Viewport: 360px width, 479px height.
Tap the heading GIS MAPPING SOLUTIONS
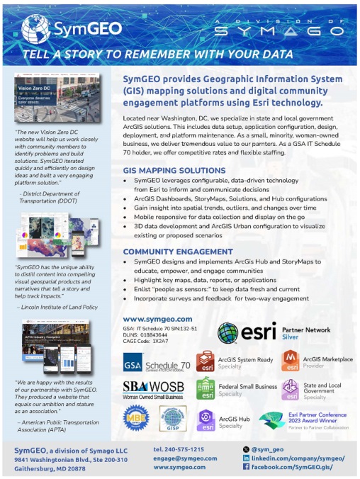170,171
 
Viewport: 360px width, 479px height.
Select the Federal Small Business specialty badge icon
206,390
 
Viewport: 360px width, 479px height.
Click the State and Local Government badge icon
291,390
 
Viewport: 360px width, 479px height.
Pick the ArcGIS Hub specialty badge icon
206,419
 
